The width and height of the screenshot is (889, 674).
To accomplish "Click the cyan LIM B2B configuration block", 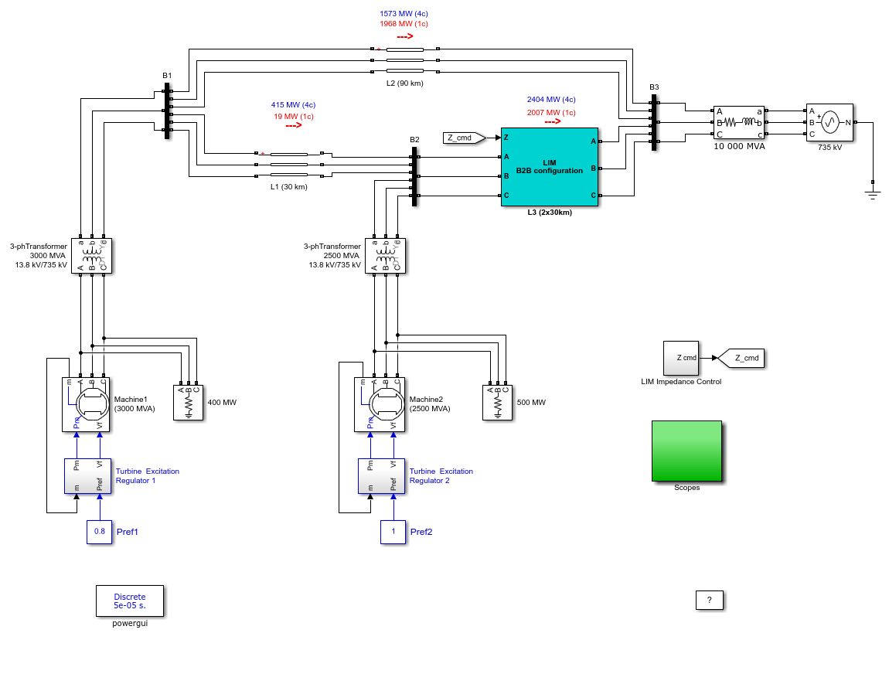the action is click(x=550, y=167).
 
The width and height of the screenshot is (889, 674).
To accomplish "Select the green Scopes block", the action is click(x=686, y=451).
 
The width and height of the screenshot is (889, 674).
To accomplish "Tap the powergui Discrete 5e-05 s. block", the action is click(x=130, y=601).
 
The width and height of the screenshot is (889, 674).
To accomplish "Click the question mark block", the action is click(x=710, y=601).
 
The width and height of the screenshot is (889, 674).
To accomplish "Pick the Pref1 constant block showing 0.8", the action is click(x=99, y=532).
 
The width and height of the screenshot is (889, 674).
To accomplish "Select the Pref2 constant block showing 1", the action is click(x=393, y=532).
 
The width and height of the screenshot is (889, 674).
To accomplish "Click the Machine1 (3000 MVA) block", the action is click(x=86, y=405).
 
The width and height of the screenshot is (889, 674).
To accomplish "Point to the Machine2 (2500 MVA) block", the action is click(x=380, y=405).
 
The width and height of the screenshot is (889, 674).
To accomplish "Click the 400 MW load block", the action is click(x=188, y=403).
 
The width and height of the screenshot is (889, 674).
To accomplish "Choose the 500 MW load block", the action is click(x=497, y=403).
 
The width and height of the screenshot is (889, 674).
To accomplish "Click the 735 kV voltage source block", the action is click(x=829, y=122).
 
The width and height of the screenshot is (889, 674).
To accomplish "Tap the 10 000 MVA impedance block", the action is click(x=739, y=122).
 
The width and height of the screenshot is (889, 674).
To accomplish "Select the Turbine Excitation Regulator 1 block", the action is click(x=88, y=476).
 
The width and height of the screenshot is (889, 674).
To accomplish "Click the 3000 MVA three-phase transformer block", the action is click(x=92, y=256).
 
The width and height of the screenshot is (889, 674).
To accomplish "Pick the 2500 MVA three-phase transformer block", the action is click(x=386, y=256).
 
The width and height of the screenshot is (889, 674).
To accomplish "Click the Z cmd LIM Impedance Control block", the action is click(x=681, y=358).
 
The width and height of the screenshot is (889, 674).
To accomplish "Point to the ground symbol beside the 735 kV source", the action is click(x=873, y=195).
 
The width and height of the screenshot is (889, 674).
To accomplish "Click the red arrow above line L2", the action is click(x=405, y=36).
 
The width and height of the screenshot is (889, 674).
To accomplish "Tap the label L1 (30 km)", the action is click(x=288, y=186).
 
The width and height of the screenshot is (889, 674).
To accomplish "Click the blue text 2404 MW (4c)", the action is click(x=551, y=99).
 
